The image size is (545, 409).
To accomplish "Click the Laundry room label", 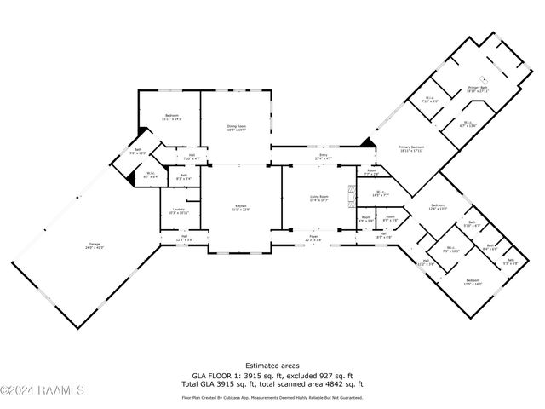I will point(179,210).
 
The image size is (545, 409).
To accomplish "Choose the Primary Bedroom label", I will point(411,148).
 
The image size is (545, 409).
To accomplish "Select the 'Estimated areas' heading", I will point(272,365).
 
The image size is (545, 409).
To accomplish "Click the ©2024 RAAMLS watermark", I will point(43,391).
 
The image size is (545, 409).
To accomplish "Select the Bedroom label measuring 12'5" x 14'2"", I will point(473,282).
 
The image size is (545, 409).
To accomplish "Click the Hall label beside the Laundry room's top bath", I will point(192,157).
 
